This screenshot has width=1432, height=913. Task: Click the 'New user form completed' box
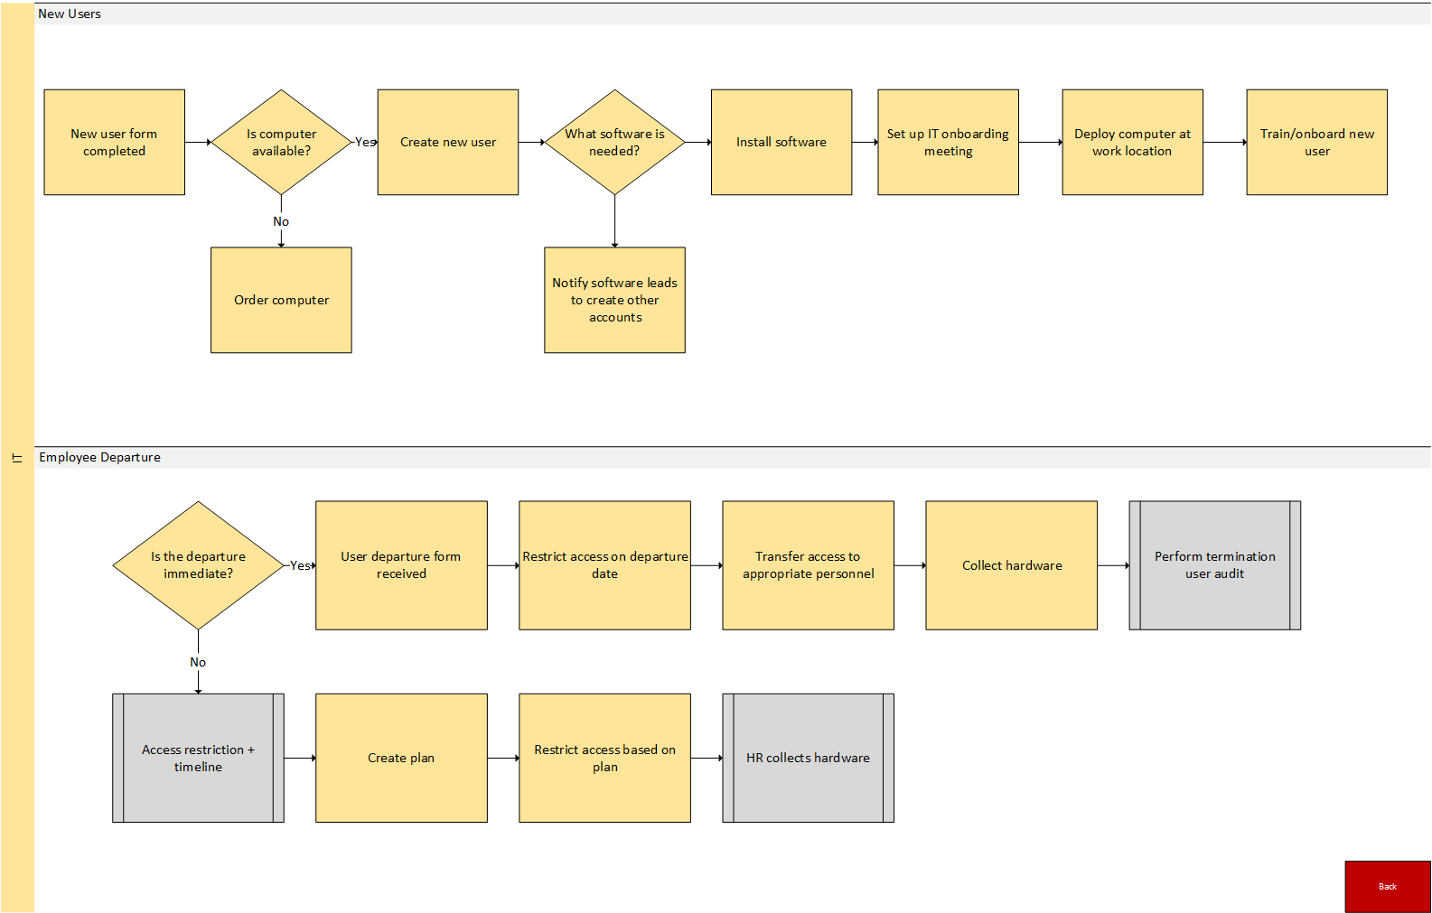[x=114, y=142]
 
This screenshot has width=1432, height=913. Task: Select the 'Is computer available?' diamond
[x=281, y=142]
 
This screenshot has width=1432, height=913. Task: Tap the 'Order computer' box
[x=281, y=300]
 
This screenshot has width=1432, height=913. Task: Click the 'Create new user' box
[x=447, y=142]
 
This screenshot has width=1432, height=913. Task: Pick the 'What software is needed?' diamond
[x=614, y=142]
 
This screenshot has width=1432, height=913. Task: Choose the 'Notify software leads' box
[x=614, y=300]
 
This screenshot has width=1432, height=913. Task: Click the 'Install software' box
[x=781, y=142]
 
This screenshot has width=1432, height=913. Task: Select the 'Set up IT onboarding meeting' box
[x=948, y=142]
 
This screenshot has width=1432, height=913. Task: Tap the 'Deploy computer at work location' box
[x=1132, y=142]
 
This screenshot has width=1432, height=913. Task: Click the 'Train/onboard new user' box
[x=1316, y=142]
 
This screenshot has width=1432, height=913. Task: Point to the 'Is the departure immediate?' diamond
[x=198, y=565]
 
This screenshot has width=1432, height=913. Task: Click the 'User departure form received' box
[x=401, y=565]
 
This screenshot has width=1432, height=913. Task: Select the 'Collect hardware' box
[x=1011, y=565]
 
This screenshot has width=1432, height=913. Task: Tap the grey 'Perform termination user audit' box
[x=1214, y=565]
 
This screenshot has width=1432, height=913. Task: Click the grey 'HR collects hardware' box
[x=808, y=758]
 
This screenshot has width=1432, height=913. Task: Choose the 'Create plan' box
[x=401, y=758]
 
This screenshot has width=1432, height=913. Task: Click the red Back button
[x=1387, y=886]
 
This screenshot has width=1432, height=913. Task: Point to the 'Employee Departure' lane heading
[x=99, y=457]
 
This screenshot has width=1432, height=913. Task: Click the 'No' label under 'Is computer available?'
[x=281, y=221]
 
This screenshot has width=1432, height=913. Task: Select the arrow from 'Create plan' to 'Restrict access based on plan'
[x=503, y=758]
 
